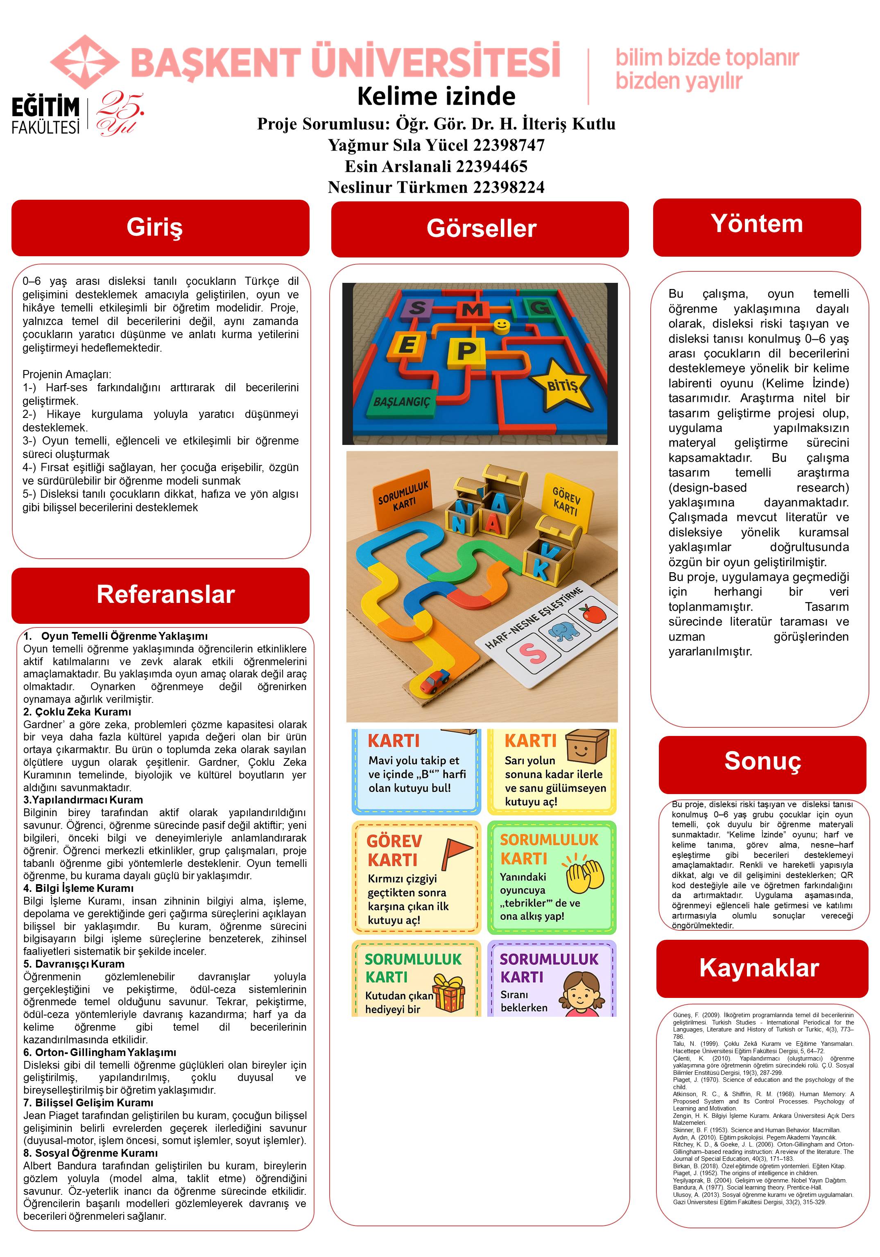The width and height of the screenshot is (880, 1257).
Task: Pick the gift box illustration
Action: click(448, 991)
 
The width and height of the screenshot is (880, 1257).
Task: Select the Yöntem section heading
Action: click(756, 224)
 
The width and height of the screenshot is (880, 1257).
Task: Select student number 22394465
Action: click(492, 166)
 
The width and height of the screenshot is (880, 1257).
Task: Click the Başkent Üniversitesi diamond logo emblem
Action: click(84, 60)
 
